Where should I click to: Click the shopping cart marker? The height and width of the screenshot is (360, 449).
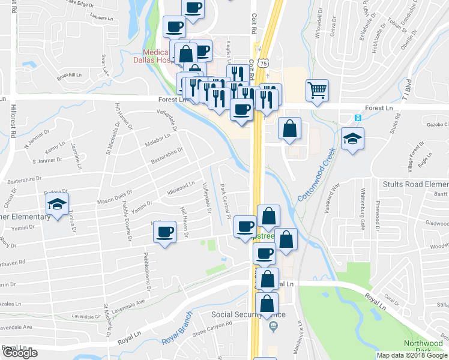point(316,91)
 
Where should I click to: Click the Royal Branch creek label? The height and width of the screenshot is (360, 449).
point(176,329)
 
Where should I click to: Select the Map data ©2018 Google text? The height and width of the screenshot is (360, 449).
point(411,355)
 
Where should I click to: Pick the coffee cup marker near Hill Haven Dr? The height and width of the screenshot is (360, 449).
point(164,232)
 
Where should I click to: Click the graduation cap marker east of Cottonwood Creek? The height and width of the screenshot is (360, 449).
point(352,139)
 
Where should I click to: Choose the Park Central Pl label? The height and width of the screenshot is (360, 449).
point(226,201)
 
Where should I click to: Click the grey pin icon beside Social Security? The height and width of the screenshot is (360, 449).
point(273,326)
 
